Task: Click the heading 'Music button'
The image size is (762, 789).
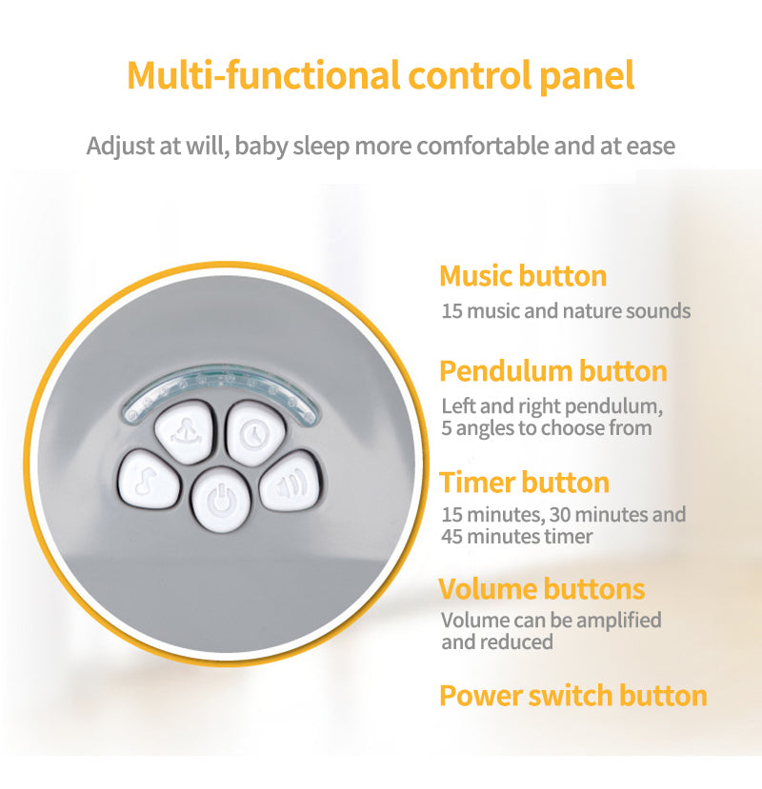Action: pyautogui.click(x=523, y=276)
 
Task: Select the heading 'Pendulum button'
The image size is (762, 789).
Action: pyautogui.click(x=552, y=370)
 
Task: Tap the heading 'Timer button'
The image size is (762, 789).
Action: pyautogui.click(x=524, y=483)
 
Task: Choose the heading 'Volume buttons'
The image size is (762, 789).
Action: pyautogui.click(x=541, y=588)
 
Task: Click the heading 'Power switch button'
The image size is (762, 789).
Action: pyautogui.click(x=572, y=695)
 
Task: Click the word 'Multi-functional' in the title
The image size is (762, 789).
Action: pyautogui.click(x=246, y=75)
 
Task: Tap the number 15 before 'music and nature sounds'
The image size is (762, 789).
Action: pyautogui.click(x=452, y=311)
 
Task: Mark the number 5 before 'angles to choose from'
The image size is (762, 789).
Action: pyautogui.click(x=447, y=428)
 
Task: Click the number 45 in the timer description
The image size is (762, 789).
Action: pyautogui.click(x=452, y=536)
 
